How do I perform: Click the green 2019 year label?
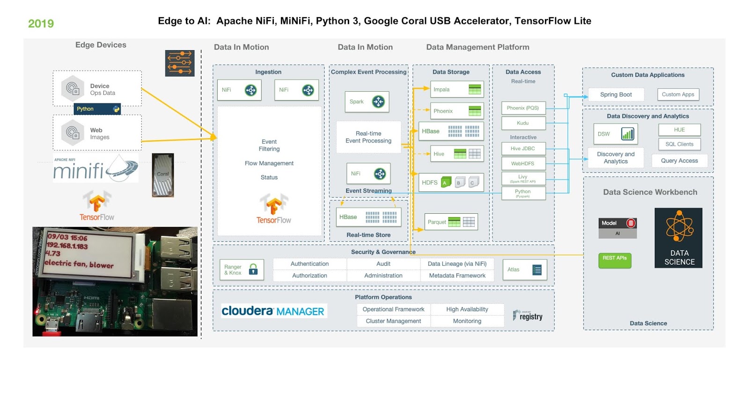click(41, 23)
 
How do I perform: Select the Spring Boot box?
click(616, 94)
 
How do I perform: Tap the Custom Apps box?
click(678, 94)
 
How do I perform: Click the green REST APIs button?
click(615, 260)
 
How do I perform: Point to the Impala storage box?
click(456, 89)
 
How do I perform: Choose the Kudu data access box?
click(523, 123)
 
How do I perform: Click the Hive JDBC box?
click(523, 149)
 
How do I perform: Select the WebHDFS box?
click(523, 164)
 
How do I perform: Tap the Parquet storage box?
click(451, 222)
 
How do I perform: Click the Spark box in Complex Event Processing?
click(367, 102)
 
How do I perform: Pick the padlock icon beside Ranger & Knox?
click(253, 269)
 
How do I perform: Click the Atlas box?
click(524, 269)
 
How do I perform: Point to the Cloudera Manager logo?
click(273, 311)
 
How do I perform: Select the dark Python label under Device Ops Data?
click(97, 109)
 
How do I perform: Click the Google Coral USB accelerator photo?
click(163, 175)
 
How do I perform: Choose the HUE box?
click(679, 130)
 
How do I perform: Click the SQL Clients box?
click(679, 144)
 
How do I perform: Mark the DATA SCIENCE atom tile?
click(678, 238)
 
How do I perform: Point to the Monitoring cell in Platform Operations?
click(467, 321)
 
